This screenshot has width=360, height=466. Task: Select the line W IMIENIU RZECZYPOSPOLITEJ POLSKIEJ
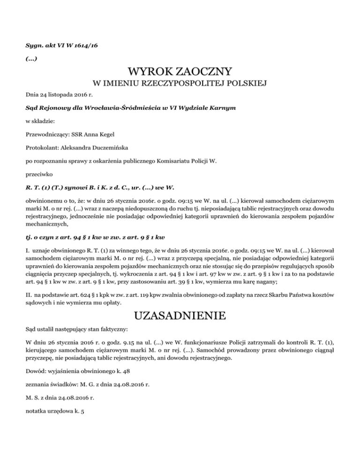click(x=180, y=84)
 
